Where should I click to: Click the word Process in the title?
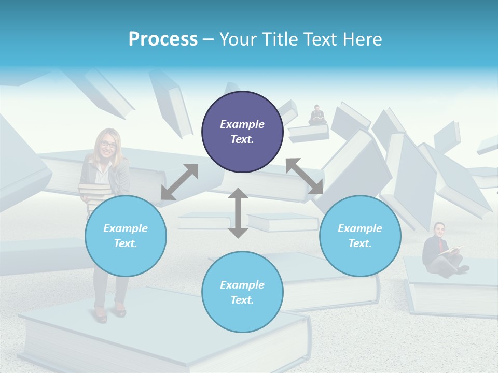point(163,39)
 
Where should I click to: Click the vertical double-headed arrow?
point(238,213)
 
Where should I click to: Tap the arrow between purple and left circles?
point(179,182)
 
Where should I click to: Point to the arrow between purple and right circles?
point(305,176)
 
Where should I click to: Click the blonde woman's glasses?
point(108,145)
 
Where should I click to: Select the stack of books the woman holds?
point(93,195)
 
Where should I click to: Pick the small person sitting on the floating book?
point(316,115)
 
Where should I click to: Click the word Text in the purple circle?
point(242,139)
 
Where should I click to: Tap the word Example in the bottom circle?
point(242,285)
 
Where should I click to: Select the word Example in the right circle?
point(360,228)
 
